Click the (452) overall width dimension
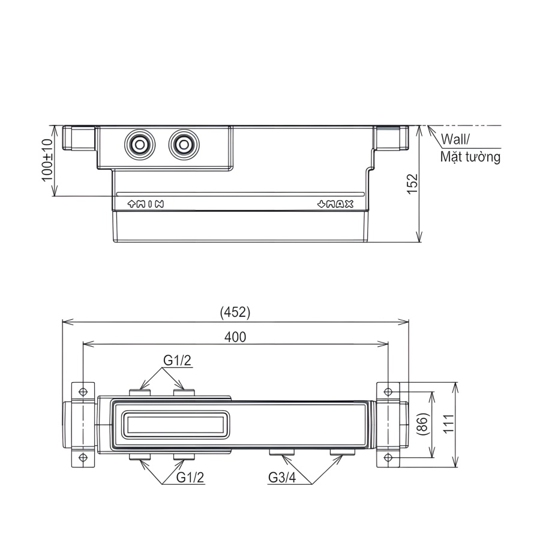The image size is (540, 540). pos(235,312)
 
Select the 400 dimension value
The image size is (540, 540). pos(235,337)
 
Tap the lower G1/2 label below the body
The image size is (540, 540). pos(191,478)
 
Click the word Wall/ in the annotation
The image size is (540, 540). pos(455,140)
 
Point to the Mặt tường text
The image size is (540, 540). pos(470,158)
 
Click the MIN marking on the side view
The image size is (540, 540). pos(146,204)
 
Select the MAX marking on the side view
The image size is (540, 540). pos(335,204)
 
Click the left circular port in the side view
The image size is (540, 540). pos(140,145)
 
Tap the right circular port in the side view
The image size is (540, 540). pos(184,145)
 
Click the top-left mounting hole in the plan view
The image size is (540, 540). pos(82,391)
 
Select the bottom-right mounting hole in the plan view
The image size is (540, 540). pos(388,459)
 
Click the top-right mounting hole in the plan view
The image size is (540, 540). pos(388,391)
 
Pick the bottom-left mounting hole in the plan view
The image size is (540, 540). pos(82,459)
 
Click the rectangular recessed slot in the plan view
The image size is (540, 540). pos(175,425)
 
